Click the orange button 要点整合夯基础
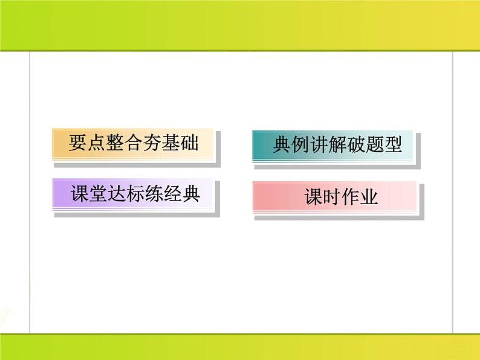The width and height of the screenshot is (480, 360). (134, 144)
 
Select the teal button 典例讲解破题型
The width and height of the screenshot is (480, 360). (336, 145)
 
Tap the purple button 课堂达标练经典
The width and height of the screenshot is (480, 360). (134, 194)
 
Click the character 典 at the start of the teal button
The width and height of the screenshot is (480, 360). (281, 145)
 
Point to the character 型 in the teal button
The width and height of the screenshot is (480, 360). (392, 145)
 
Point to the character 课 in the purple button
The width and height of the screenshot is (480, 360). (79, 194)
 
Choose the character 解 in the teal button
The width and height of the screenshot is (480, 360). (337, 145)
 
